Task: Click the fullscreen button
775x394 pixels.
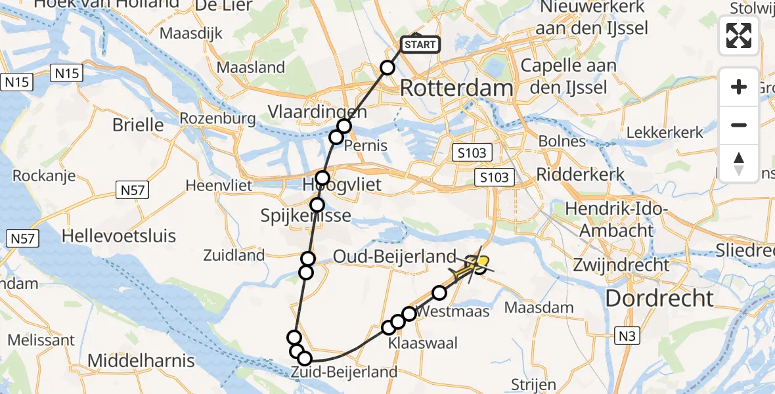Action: [739, 35]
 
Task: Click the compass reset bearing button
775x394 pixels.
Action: [739, 164]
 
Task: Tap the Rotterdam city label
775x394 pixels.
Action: [456, 88]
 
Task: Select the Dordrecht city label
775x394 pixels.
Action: [659, 298]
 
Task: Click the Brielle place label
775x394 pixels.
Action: [138, 125]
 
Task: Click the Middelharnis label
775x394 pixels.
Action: [141, 361]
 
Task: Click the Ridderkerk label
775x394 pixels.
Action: [581, 175]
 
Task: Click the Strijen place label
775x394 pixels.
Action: [535, 385]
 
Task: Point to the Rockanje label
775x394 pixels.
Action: [43, 176]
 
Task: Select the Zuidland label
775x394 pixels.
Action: [234, 255]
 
